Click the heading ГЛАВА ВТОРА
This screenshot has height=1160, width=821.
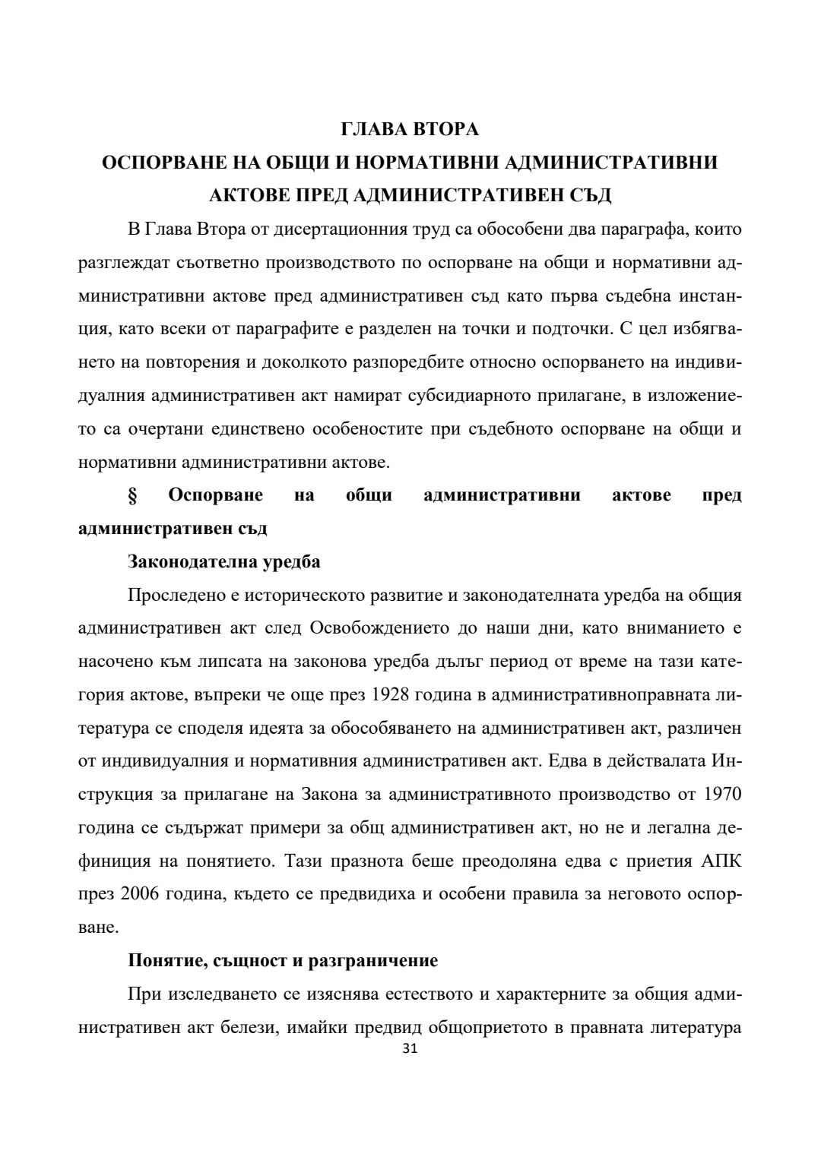[x=410, y=130]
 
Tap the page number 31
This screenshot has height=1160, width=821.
[x=410, y=1049]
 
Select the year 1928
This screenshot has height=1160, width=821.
[x=392, y=695]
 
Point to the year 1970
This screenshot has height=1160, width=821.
[x=722, y=795]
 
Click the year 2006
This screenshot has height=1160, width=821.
[x=141, y=894]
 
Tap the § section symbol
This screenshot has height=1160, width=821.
[x=132, y=496]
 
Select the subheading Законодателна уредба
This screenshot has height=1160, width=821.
[x=224, y=562]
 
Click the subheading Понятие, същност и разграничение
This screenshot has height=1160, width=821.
[x=283, y=961]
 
